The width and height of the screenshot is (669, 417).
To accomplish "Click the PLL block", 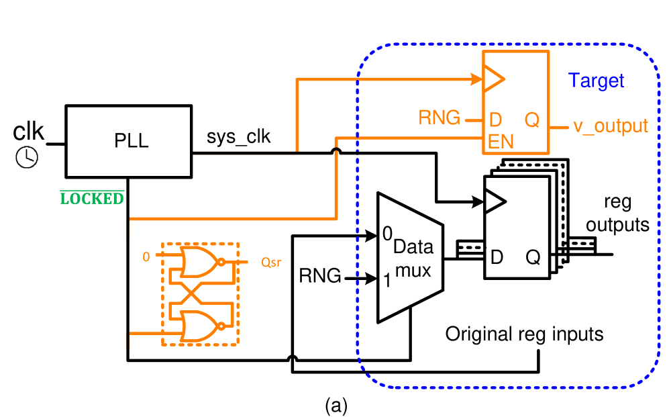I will tap(128, 142).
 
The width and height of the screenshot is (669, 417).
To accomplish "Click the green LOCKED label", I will tap(92, 198).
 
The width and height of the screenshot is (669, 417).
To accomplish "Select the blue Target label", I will tap(596, 81).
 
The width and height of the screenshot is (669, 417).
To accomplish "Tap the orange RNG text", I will tap(440, 119).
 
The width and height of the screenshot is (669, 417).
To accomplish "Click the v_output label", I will tap(610, 126).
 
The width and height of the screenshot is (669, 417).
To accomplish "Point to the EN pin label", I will tap(501, 142).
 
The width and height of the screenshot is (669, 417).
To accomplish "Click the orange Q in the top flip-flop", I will tap(532, 120).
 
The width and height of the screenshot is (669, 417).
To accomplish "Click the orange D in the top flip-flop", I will tap(496, 120).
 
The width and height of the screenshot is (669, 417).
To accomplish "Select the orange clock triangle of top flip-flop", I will tap(493, 79).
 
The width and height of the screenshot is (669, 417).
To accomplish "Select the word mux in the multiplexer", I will tap(413, 271).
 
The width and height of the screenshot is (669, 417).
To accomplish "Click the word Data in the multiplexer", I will tap(413, 246).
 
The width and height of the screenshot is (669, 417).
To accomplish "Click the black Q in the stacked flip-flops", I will tap(533, 257).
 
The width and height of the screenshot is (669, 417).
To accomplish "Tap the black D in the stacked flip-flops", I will tap(497, 257).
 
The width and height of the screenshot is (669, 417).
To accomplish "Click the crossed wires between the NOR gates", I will tap(189, 294).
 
